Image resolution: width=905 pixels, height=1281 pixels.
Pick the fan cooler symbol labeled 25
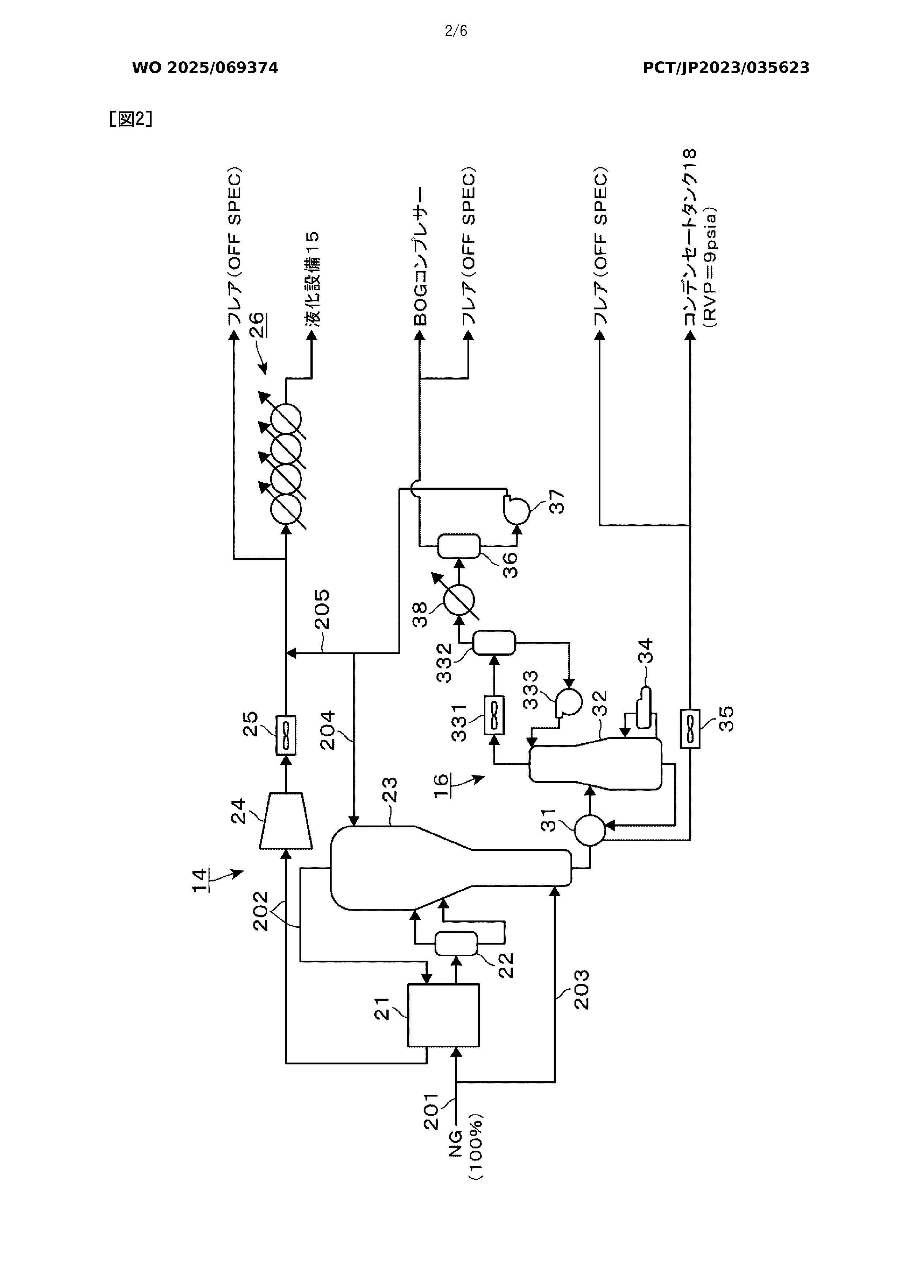pyautogui.click(x=286, y=735)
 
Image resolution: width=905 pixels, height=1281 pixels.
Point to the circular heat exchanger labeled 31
pyautogui.click(x=590, y=831)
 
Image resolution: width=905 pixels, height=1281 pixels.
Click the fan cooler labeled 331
pyautogui.click(x=494, y=715)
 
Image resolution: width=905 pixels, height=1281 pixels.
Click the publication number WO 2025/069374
pyautogui.click(x=205, y=68)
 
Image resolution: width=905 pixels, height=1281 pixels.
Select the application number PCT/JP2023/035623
pyautogui.click(x=726, y=68)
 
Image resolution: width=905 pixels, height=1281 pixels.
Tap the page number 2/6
pyautogui.click(x=456, y=31)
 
